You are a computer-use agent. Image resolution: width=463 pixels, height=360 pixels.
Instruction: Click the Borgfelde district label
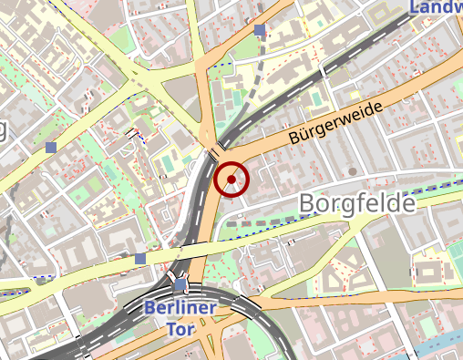point(356,202)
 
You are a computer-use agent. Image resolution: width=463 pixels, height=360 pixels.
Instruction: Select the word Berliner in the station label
point(180,308)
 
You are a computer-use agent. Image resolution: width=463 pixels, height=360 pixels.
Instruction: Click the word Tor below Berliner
point(180,328)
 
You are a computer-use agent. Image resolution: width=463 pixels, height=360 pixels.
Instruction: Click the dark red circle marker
point(232,180)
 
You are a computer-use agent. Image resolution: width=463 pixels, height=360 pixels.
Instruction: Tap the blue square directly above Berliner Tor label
point(180,285)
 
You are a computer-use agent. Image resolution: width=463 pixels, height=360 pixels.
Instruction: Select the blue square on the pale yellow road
point(139,259)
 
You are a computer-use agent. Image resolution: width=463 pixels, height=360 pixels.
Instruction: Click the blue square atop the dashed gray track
point(261,30)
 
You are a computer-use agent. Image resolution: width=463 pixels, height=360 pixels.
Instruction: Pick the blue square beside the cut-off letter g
point(51,146)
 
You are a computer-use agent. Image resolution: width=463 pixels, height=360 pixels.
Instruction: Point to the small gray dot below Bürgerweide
point(352,170)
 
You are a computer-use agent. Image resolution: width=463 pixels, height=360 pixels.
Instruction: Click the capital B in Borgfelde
point(307,202)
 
